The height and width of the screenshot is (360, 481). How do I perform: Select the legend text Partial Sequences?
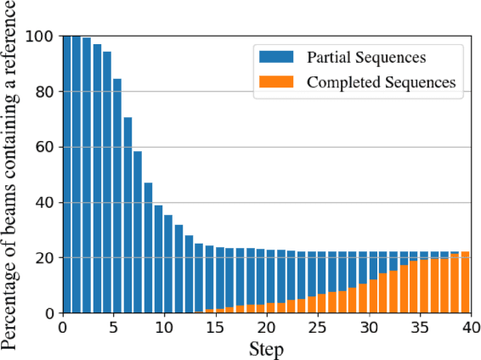(366, 58)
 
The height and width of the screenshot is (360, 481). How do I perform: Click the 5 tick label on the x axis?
(113, 327)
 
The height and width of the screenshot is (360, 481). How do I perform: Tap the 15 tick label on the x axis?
(215, 327)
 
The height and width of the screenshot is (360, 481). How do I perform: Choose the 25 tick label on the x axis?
(317, 327)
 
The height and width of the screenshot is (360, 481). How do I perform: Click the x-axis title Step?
(266, 348)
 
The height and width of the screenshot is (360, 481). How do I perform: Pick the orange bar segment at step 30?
(363, 298)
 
